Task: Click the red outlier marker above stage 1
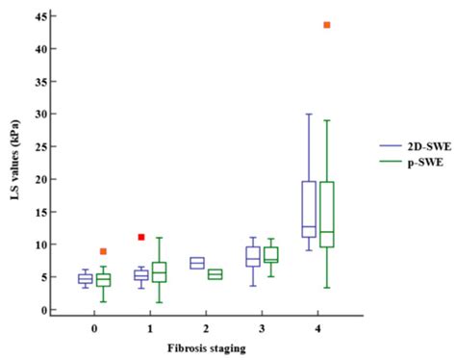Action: [x=140, y=237]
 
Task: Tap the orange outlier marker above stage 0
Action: [x=103, y=251]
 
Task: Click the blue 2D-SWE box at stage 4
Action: [x=309, y=209]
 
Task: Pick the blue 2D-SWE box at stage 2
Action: [x=196, y=263]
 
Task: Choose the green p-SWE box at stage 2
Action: [x=215, y=274]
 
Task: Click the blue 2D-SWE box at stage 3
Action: [x=253, y=256]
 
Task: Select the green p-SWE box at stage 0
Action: [x=104, y=280]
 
